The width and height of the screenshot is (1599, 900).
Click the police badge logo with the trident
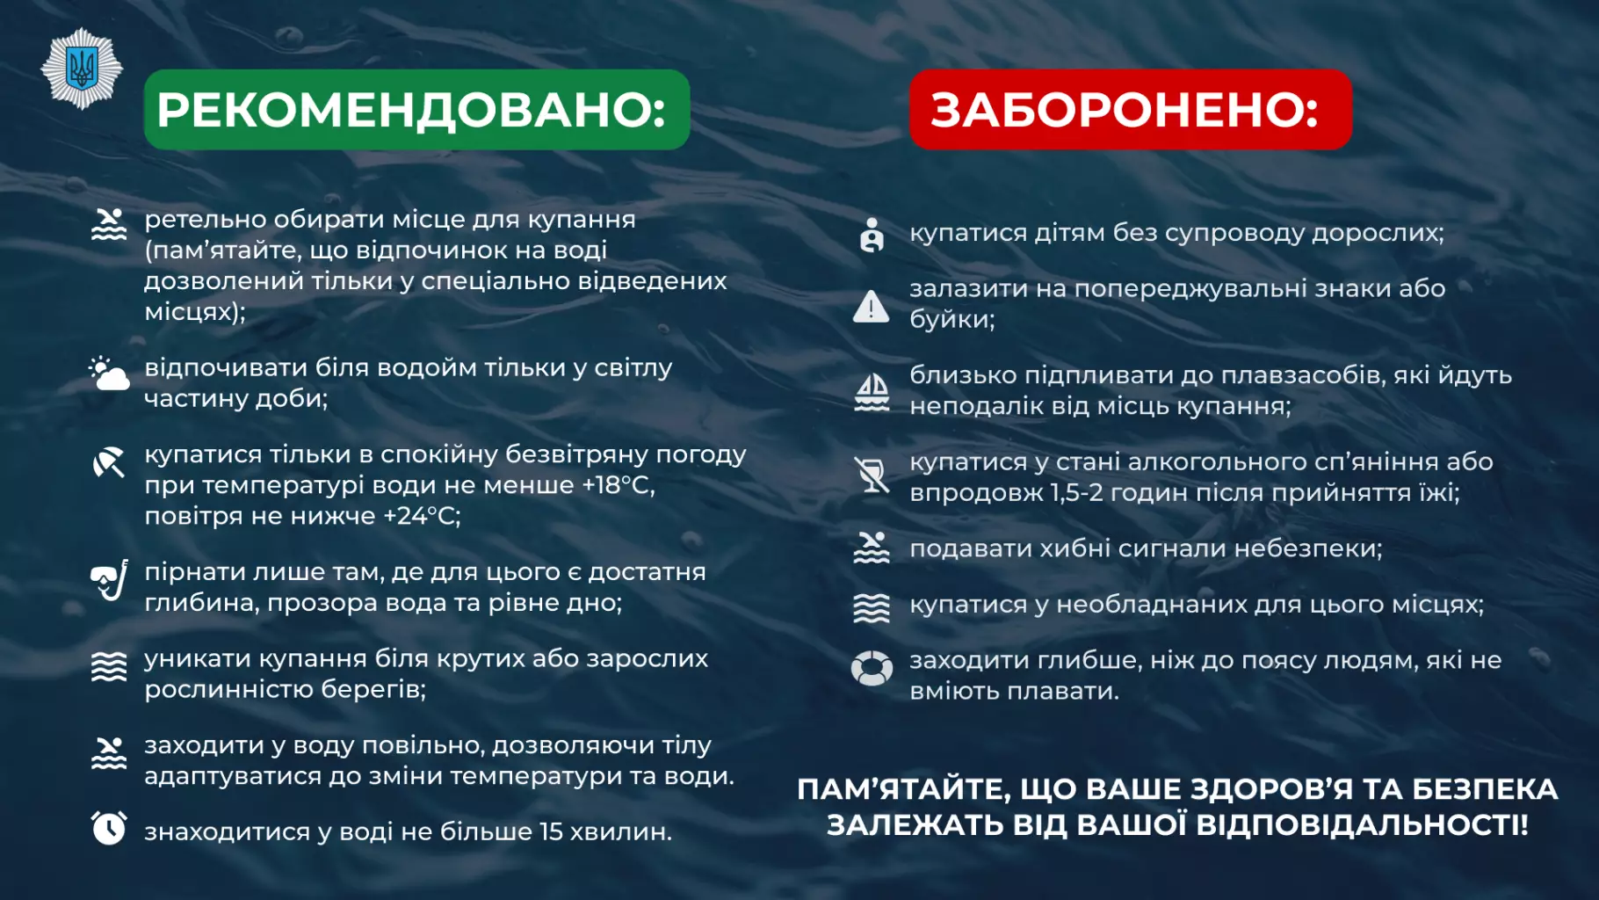[82, 69]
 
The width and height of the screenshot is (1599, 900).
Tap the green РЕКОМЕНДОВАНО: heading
[416, 110]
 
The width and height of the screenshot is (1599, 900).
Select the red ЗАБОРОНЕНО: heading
[1129, 110]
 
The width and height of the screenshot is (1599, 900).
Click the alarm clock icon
[109, 828]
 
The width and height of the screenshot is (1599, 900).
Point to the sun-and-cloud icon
[109, 374]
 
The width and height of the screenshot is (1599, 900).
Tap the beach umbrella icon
[109, 462]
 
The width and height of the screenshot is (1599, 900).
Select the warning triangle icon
[871, 307]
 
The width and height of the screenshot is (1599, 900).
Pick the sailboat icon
[872, 392]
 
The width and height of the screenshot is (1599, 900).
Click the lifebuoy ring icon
[872, 668]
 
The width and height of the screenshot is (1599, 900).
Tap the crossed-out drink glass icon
[872, 475]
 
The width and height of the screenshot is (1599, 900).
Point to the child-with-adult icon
[872, 235]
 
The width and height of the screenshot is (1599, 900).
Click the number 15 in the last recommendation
[551, 831]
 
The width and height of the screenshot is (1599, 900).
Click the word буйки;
[952, 319]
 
